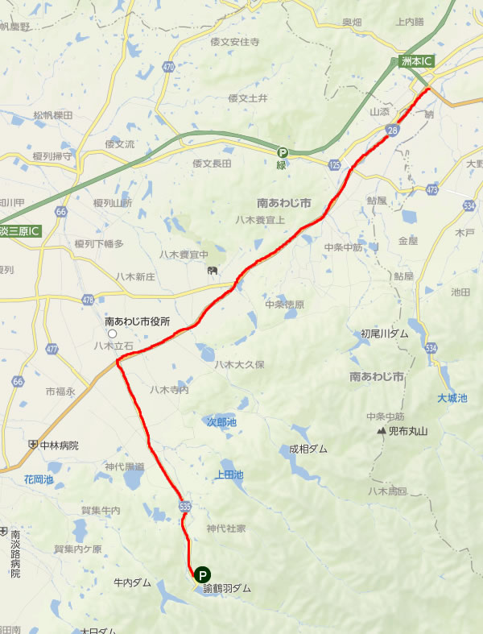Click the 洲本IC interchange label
pos(417,61)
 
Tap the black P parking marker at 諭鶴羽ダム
pos(203,574)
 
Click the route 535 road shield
pos(185,503)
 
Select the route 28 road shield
pos(392,130)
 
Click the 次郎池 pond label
pos(222,421)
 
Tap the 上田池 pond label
pos(229,474)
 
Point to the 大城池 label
pos(452,398)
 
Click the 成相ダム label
pos(308,450)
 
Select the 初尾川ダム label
pos(384,333)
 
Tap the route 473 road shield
pos(433,189)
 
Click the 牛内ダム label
pos(132,581)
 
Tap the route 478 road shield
pos(88,300)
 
